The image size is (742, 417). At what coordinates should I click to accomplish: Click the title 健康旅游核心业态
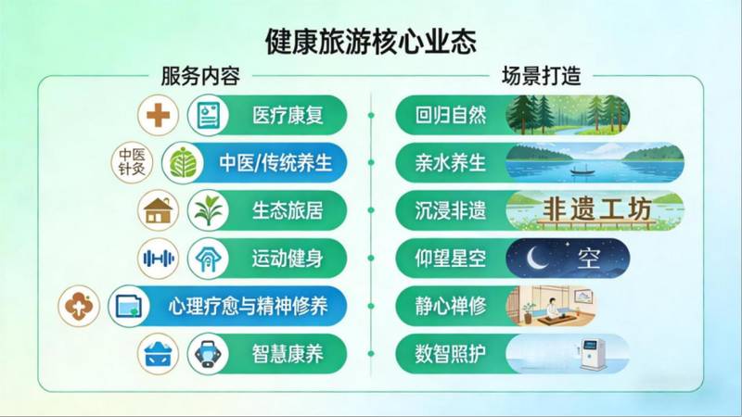click(x=370, y=42)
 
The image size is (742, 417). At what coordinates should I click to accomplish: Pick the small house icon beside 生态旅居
click(x=159, y=210)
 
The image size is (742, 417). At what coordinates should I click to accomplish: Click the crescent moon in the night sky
click(x=536, y=256)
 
